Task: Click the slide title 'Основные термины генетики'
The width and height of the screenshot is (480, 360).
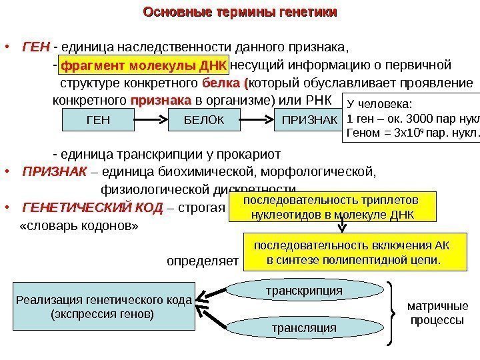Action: pos(240,13)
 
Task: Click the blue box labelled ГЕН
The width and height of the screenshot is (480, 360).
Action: pos(98,120)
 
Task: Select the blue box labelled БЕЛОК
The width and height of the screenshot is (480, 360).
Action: pos(201,120)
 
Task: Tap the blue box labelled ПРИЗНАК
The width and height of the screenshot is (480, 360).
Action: pos(307,120)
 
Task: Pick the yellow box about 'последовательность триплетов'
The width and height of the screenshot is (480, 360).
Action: pos(331,207)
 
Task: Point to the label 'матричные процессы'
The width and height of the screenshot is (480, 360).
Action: pos(437,313)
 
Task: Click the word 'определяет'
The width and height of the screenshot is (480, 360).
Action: pos(202,260)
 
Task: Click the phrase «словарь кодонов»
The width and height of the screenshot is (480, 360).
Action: pos(80,225)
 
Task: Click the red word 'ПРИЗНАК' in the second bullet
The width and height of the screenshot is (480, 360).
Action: pos(55,172)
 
